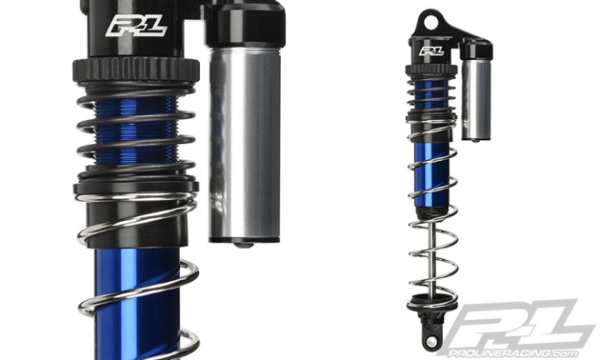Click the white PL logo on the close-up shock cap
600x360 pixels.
(x=136, y=27)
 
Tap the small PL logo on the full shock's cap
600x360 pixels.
(x=432, y=51)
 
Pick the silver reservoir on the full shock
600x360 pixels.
(x=477, y=98)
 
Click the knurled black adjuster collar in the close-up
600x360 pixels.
(x=136, y=70)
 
